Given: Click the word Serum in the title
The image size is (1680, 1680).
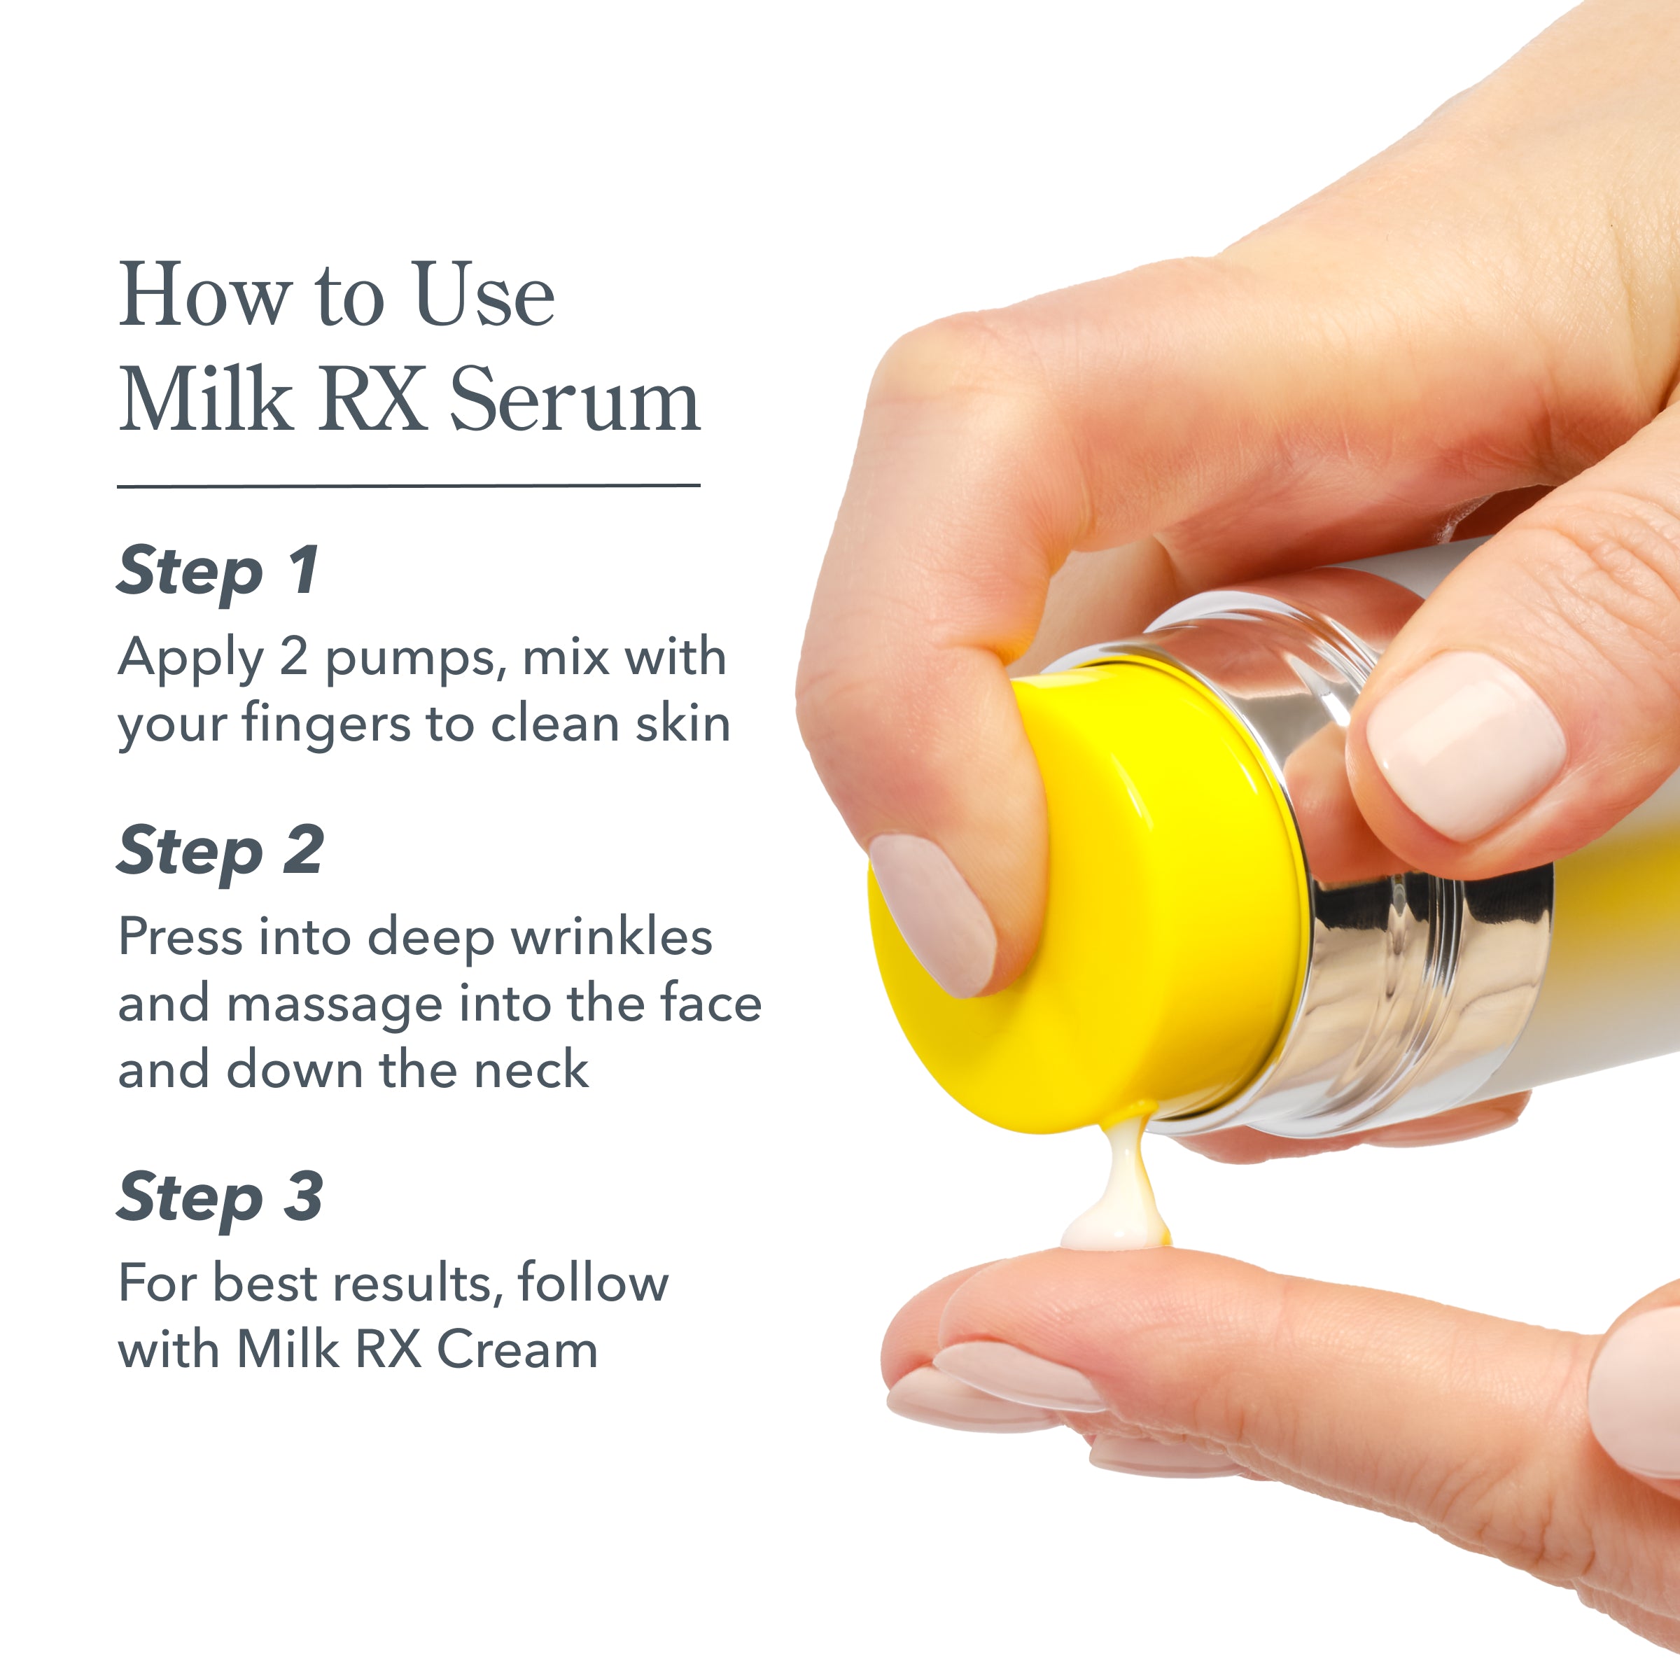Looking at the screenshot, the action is pos(574,398).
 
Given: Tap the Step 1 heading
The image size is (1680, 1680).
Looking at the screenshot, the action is pos(218,571).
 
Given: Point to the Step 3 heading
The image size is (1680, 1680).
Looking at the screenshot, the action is pos(220,1198).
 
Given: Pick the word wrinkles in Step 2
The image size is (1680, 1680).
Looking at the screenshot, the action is pos(611,937).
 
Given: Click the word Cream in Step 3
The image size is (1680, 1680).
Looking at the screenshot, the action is pos(517,1350).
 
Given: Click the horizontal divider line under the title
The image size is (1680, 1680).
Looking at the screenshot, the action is pos(409,485).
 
